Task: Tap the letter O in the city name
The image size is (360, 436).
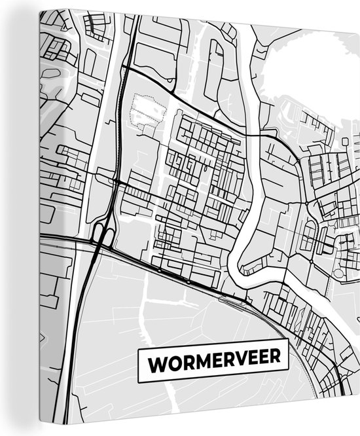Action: [175, 361]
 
